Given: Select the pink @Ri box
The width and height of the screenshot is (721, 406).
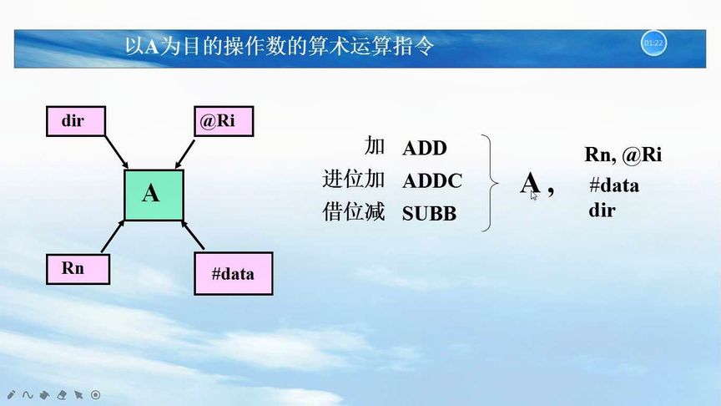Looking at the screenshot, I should (223, 121).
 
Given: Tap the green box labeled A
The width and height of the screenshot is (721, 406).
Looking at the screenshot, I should (153, 194).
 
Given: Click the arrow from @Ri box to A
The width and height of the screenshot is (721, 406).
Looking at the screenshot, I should (189, 151).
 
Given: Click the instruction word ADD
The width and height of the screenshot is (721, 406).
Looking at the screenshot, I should (425, 149).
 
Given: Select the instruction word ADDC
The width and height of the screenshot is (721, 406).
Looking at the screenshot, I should (431, 181).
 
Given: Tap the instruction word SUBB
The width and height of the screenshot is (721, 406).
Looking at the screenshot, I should (429, 214).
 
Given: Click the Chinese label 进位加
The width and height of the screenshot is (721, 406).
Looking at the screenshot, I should (354, 180).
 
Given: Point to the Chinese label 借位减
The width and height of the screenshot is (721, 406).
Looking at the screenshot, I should (354, 212).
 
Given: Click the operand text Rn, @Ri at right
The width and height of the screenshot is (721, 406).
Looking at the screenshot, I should (623, 155).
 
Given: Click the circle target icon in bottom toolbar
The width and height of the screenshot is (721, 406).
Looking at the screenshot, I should (96, 394).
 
